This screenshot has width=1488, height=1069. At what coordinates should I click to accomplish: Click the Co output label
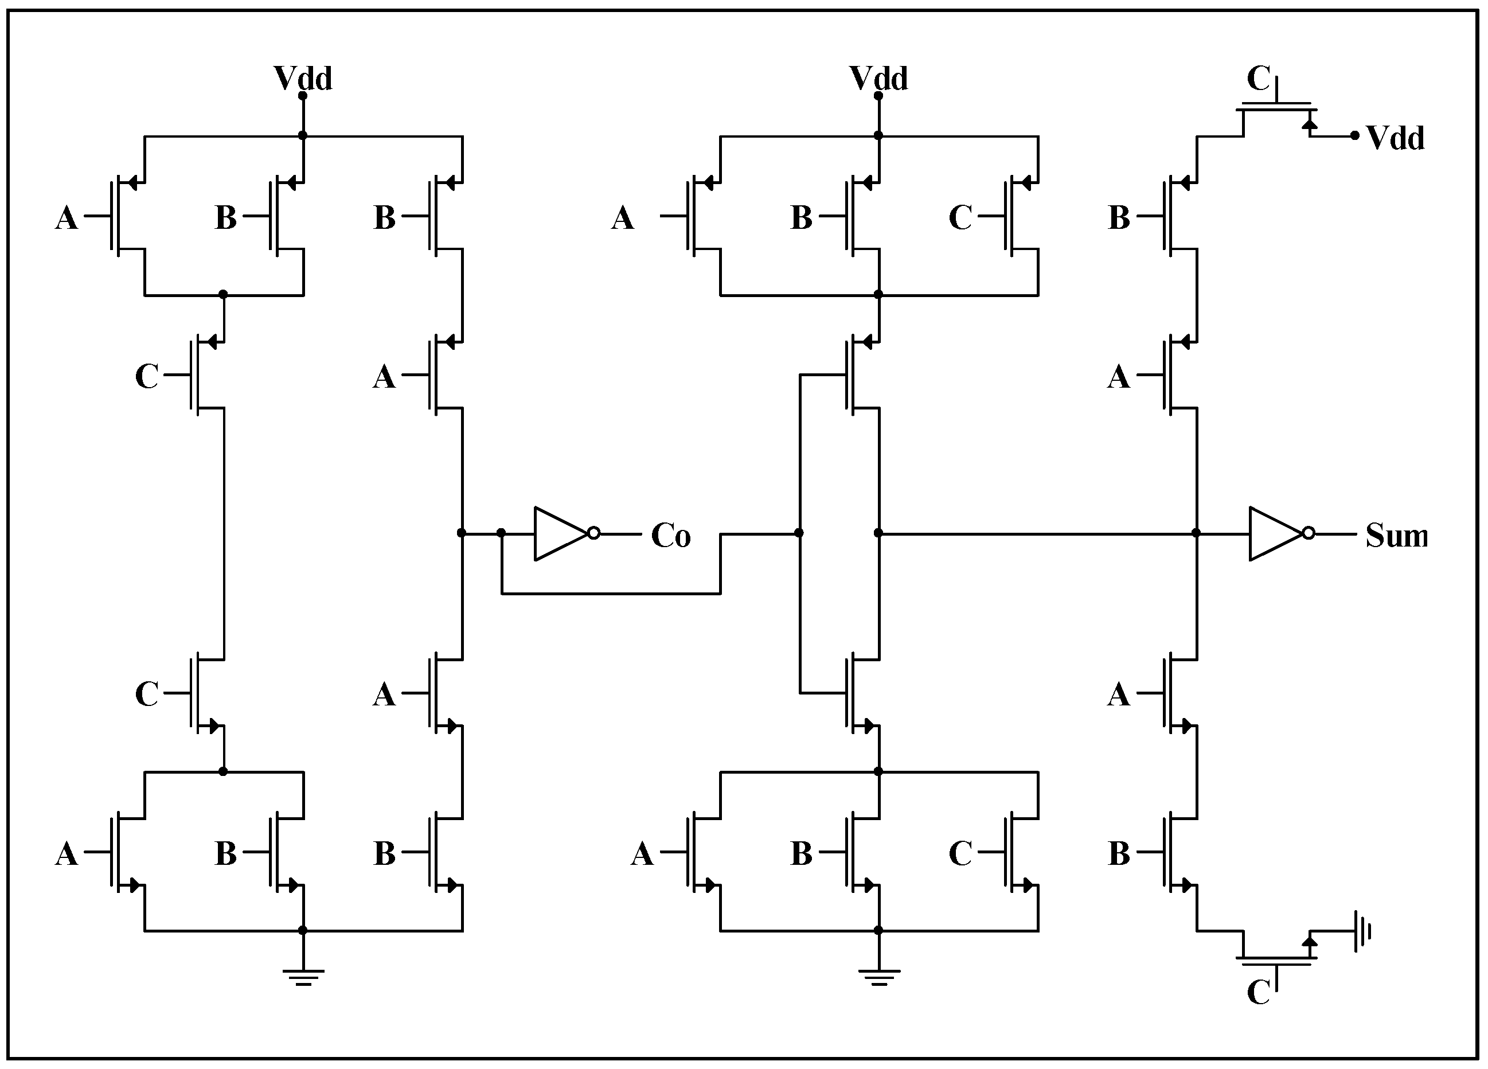[670, 536]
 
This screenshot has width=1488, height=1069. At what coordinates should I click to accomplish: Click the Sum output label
[1396, 536]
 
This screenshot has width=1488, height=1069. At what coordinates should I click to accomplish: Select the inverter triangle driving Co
[559, 533]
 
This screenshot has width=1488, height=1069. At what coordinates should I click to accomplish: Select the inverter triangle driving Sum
[1274, 533]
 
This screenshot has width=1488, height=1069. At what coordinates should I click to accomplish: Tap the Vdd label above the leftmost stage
[302, 78]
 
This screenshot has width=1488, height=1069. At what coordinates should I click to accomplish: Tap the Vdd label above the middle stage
[878, 78]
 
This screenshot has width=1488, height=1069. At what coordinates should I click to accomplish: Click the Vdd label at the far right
[1395, 138]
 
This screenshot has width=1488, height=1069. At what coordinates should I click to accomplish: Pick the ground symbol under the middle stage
[878, 977]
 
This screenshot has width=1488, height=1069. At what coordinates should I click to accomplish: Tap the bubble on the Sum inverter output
[1308, 533]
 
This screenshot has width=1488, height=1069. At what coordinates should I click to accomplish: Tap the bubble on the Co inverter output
[593, 533]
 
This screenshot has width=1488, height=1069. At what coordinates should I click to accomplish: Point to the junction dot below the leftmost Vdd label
[302, 136]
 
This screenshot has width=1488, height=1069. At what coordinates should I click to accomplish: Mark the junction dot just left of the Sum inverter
[1196, 533]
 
